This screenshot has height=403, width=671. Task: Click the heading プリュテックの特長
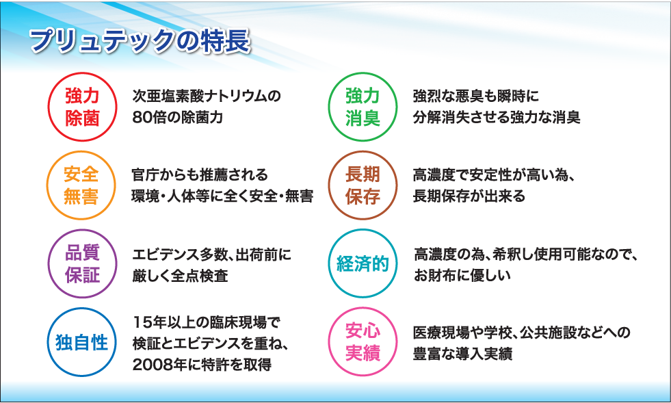[140, 42]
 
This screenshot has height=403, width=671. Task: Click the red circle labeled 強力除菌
[82, 107]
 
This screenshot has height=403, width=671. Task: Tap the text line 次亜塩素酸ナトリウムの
[207, 95]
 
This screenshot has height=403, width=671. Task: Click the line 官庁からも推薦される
[199, 174]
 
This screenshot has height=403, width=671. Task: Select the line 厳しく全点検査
[181, 276]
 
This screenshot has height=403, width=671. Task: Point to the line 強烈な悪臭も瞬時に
[476, 95]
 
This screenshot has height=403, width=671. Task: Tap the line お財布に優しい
[462, 276]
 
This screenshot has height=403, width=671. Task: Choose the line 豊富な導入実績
[463, 354]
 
